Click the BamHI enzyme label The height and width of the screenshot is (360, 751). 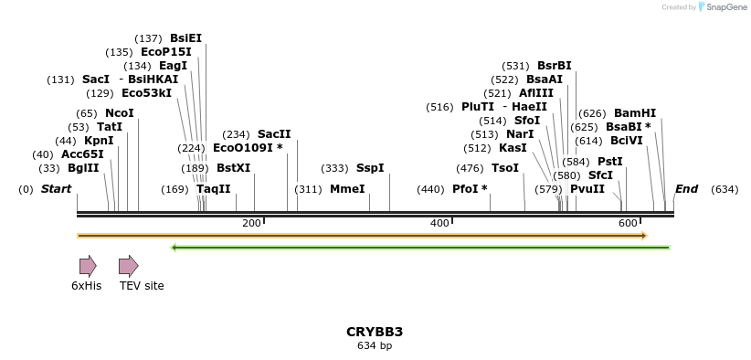pyautogui.click(x=634, y=113)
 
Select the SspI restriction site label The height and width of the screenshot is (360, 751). pyautogui.click(x=370, y=168)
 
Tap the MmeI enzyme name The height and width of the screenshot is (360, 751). pyautogui.click(x=347, y=189)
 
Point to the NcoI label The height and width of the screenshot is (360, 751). pyautogui.click(x=120, y=113)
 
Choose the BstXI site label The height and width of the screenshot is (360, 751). pyautogui.click(x=233, y=168)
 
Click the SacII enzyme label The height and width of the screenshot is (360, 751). pyautogui.click(x=274, y=134)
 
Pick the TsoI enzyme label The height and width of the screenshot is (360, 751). pyautogui.click(x=505, y=168)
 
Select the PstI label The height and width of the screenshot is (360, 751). pyautogui.click(x=610, y=162)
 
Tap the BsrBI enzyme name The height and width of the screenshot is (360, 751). pyautogui.click(x=555, y=66)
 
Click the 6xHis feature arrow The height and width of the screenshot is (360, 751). pyautogui.click(x=87, y=266)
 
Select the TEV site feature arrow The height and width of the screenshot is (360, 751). pyautogui.click(x=129, y=266)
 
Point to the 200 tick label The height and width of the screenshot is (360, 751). pyautogui.click(x=251, y=224)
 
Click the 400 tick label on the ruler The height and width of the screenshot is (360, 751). pyautogui.click(x=439, y=224)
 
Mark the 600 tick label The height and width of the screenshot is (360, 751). pyautogui.click(x=627, y=224)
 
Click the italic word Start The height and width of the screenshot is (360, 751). pyautogui.click(x=56, y=189)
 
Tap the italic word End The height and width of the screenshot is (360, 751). pyautogui.click(x=686, y=189)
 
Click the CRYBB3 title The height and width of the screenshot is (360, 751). pyautogui.click(x=375, y=332)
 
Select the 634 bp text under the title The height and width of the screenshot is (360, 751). pyautogui.click(x=375, y=345)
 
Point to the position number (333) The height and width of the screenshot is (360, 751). pyautogui.click(x=335, y=168)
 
